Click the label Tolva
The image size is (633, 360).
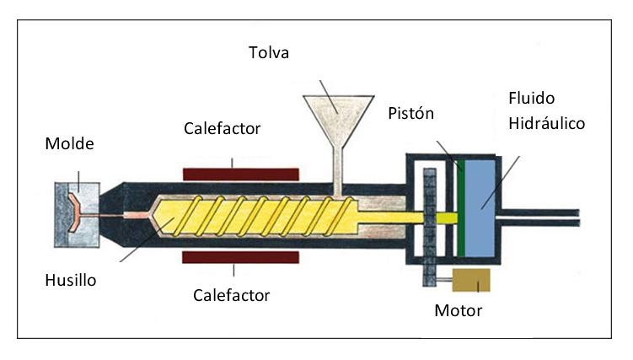click(270, 53)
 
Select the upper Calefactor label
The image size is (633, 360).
click(223, 128)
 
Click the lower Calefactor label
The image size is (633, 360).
click(231, 295)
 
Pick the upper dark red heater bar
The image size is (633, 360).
click(240, 174)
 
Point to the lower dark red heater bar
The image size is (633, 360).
click(240, 256)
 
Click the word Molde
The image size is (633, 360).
click(69, 143)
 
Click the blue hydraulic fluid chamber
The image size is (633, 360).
click(482, 203)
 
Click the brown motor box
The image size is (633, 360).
click(471, 281)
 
